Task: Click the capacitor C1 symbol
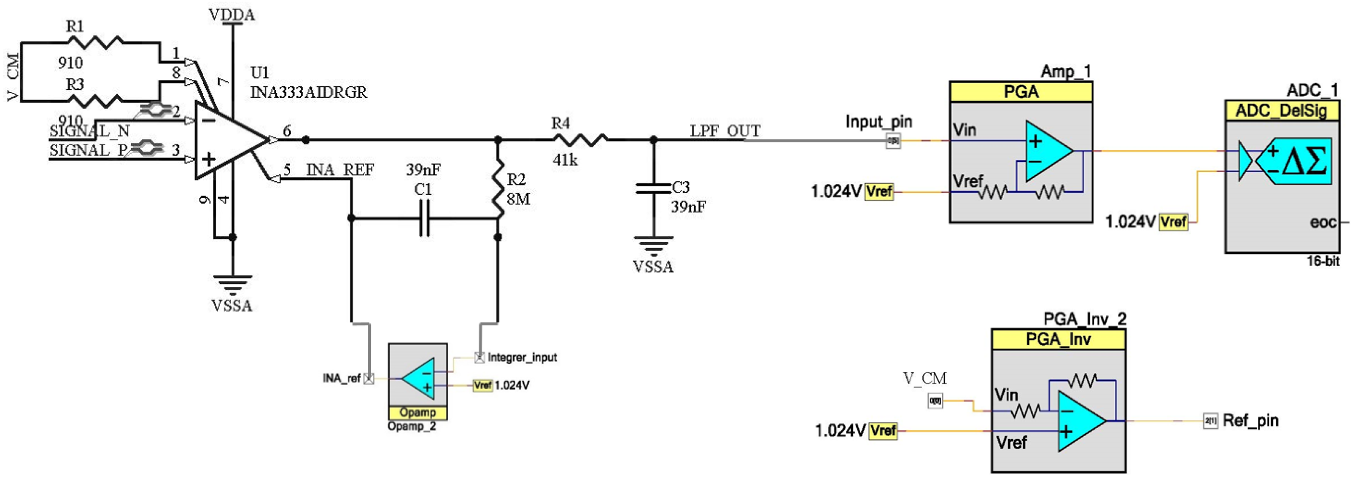pyautogui.click(x=424, y=218)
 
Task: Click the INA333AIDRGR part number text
pyautogui.click(x=308, y=92)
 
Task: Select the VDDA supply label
pyautogui.click(x=232, y=15)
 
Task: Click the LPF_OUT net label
pyautogui.click(x=725, y=131)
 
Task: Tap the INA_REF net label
pyautogui.click(x=340, y=170)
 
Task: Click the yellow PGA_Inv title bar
pyautogui.click(x=1058, y=340)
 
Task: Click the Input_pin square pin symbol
pyautogui.click(x=893, y=141)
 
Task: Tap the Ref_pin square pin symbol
pyautogui.click(x=1210, y=421)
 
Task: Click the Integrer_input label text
pyautogui.click(x=522, y=357)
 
